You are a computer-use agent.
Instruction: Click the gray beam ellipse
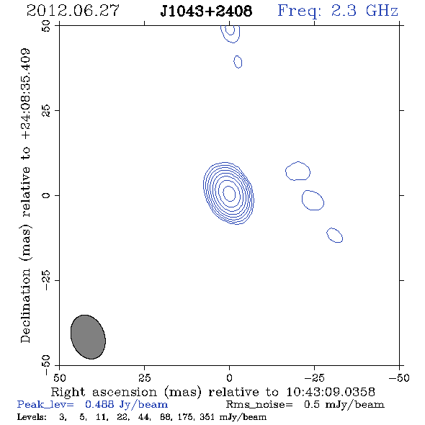pyautogui.click(x=88, y=337)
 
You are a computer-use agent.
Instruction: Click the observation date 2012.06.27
pyautogui.click(x=73, y=11)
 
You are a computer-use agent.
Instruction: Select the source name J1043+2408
pyautogui.click(x=206, y=11)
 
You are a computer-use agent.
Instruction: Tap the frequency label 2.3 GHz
pyautogui.click(x=364, y=11)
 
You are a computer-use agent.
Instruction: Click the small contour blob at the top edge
pyautogui.click(x=230, y=34)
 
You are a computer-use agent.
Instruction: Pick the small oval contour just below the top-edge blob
pyautogui.click(x=238, y=62)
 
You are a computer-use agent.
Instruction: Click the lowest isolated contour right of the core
pyautogui.click(x=334, y=235)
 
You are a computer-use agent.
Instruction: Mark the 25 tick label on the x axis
pyautogui.click(x=144, y=378)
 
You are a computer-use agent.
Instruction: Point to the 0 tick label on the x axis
pyautogui.click(x=229, y=378)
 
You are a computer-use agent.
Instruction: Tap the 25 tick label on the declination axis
pyautogui.click(x=46, y=111)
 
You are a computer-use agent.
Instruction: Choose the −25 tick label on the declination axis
pyautogui.click(x=46, y=280)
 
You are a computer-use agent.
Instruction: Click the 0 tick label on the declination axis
pyautogui.click(x=46, y=195)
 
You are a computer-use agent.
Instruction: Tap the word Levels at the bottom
pyautogui.click(x=32, y=416)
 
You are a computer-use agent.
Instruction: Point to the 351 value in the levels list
pyautogui.click(x=207, y=416)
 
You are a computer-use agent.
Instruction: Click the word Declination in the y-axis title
pyautogui.click(x=25, y=305)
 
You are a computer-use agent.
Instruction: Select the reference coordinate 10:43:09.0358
pyautogui.click(x=331, y=392)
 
